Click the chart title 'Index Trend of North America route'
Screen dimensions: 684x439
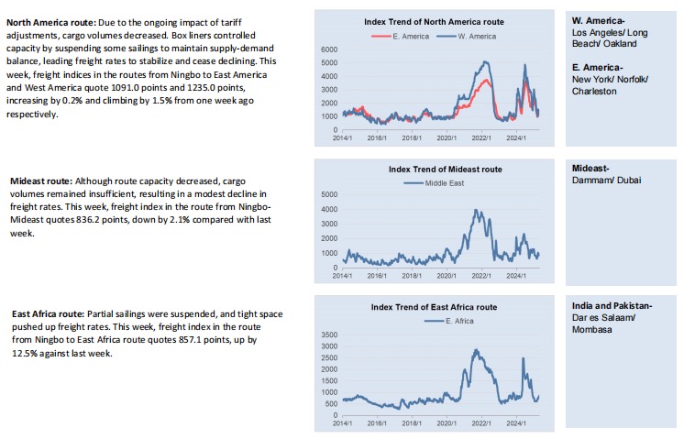click(434, 22)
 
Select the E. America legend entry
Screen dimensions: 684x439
click(401, 37)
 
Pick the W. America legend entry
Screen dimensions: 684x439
click(467, 37)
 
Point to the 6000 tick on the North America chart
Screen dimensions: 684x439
click(329, 49)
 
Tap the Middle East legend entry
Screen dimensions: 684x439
click(434, 183)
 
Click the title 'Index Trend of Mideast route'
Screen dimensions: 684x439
click(446, 170)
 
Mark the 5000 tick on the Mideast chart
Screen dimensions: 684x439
click(329, 194)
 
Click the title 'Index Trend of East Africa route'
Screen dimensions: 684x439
click(434, 307)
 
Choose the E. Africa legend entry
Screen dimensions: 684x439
click(449, 321)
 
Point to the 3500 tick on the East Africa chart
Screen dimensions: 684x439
click(329, 335)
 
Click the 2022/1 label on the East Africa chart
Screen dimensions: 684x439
click(481, 423)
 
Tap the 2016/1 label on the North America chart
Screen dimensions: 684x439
click(377, 138)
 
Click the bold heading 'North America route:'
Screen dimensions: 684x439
click(51, 23)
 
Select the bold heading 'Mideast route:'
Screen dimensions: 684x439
click(41, 181)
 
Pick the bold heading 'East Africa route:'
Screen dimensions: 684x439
click(48, 314)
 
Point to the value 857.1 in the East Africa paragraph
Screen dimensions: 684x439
click(190, 340)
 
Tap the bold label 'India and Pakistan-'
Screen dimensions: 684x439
click(612, 306)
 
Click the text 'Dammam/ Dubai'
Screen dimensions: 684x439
click(606, 181)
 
